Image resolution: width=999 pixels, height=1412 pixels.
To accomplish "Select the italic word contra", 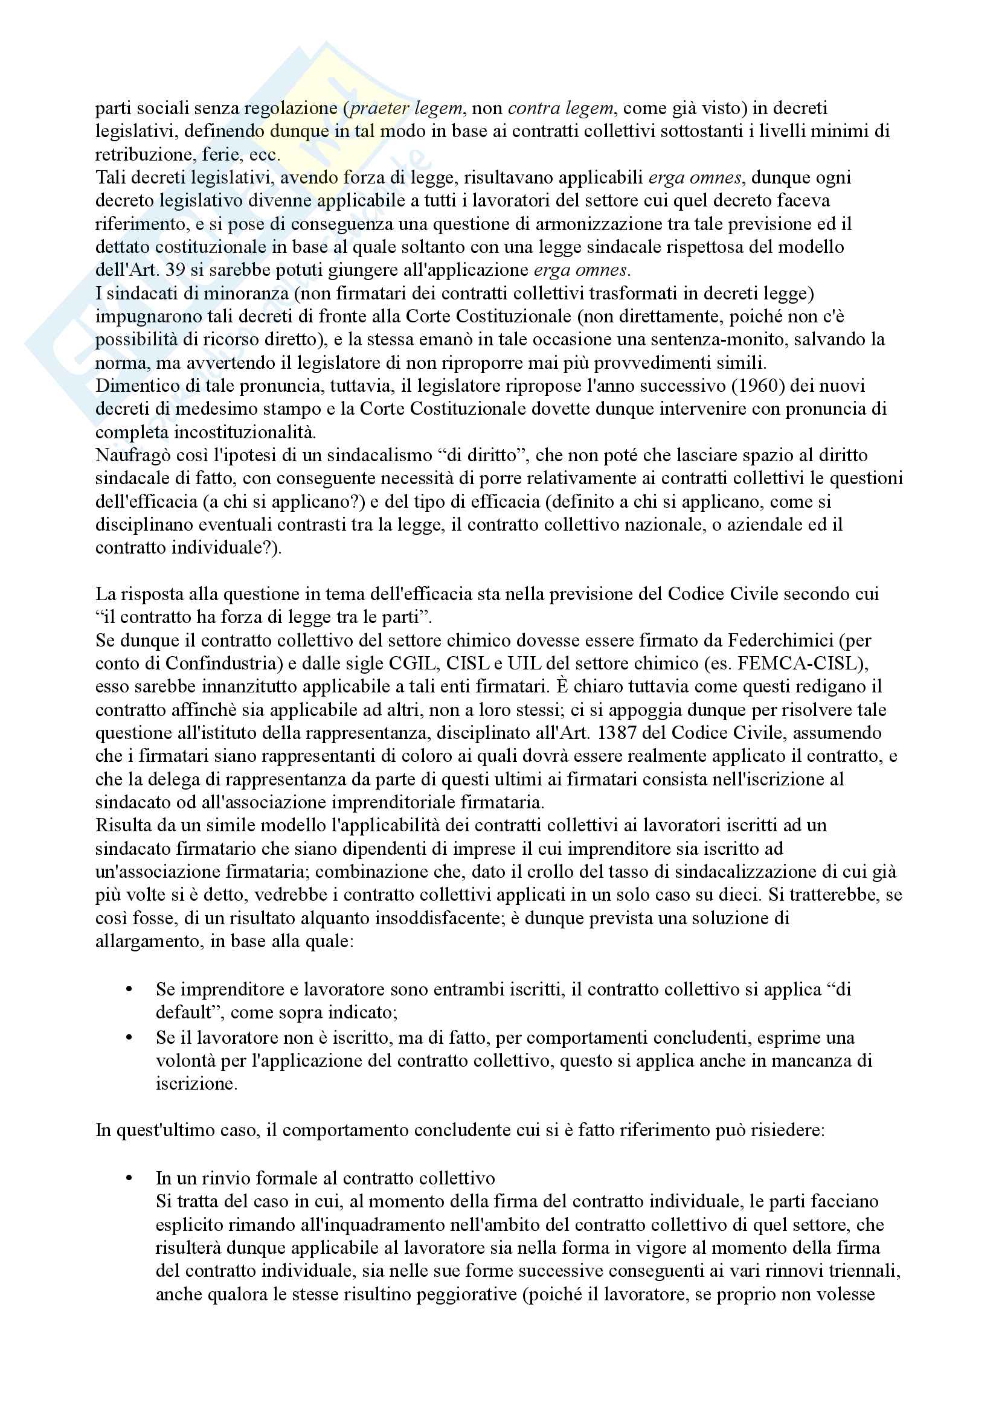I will pos(534,108).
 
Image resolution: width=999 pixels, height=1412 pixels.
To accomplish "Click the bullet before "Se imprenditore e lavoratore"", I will pos(129,989).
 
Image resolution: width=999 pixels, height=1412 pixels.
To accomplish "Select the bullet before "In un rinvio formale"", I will pos(129,1178).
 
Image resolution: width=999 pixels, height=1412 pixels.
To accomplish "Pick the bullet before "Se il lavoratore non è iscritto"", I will pos(129,1038).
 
